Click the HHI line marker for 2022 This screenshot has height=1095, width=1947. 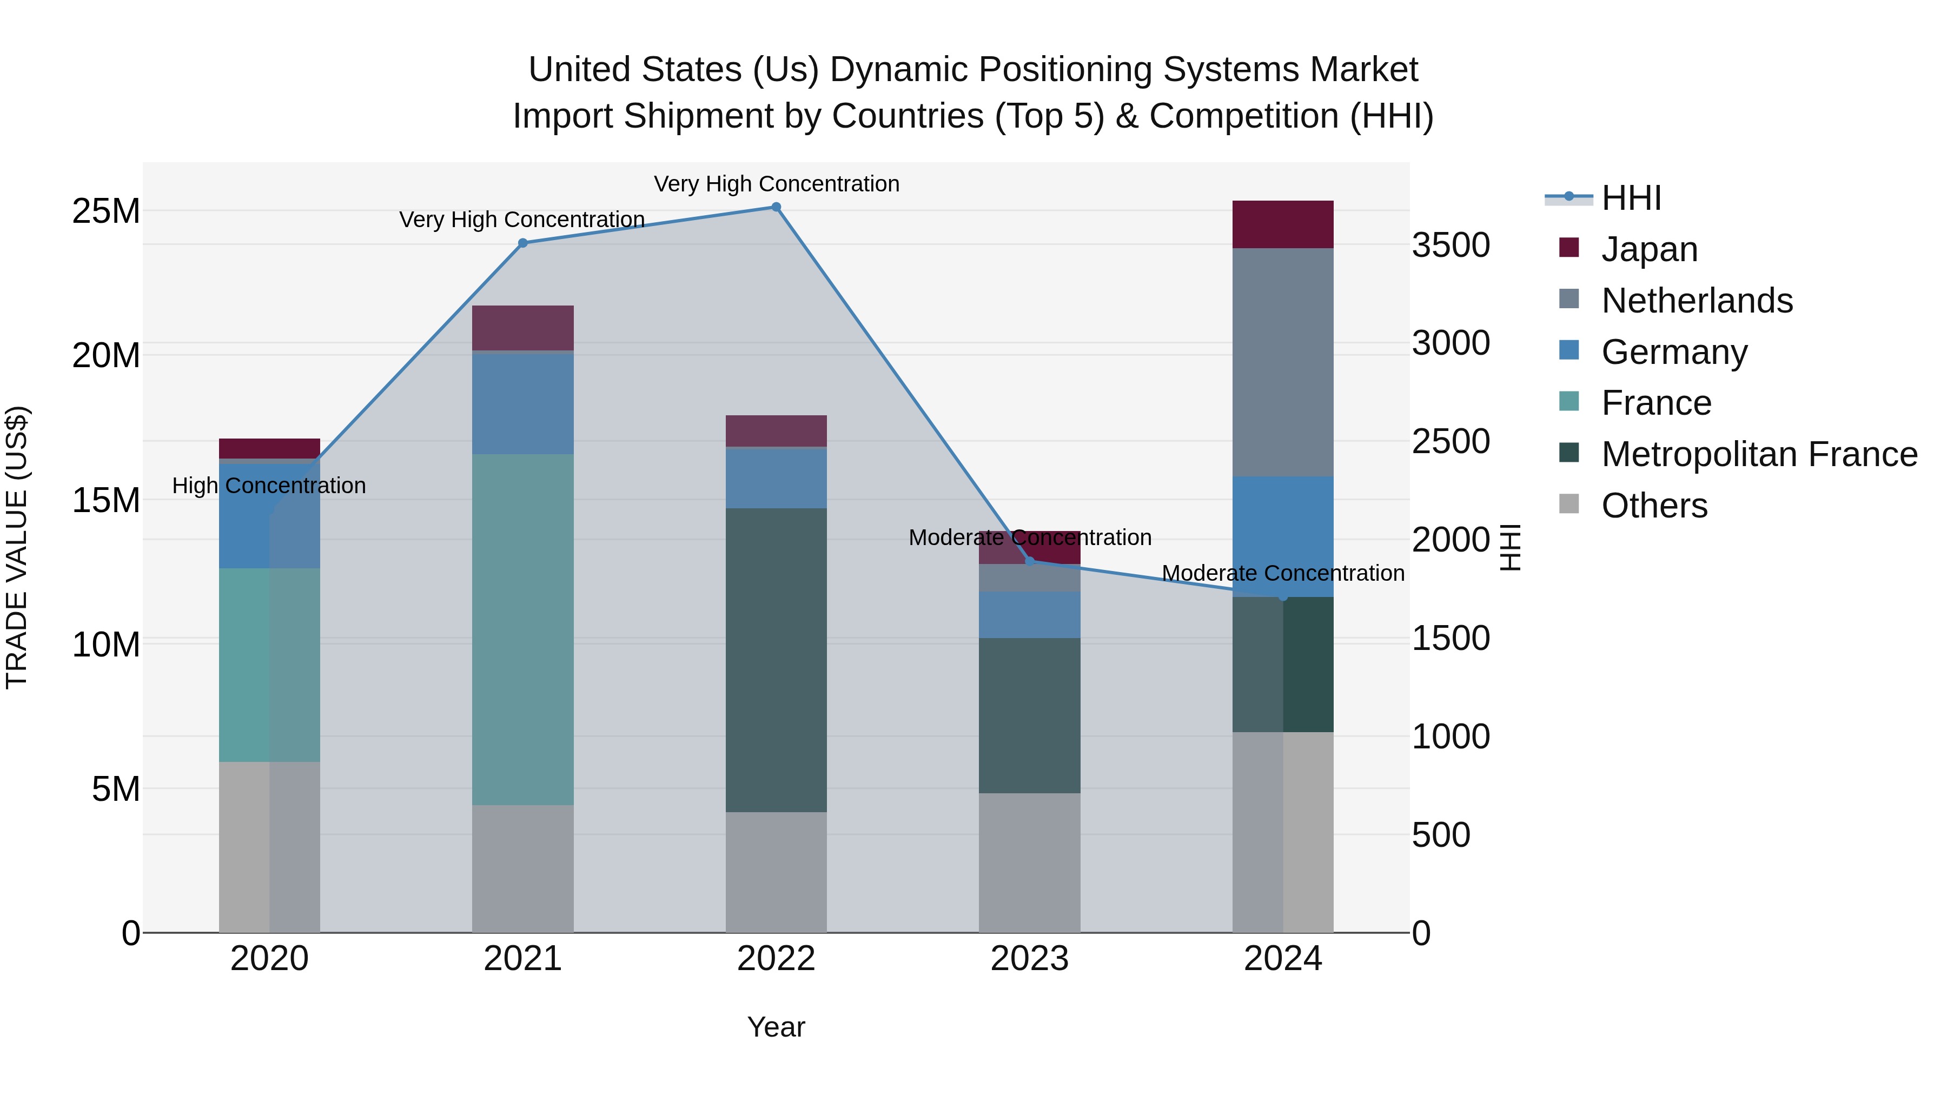click(x=776, y=207)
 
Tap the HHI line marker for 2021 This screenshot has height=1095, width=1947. click(x=522, y=243)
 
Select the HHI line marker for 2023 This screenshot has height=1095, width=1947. click(x=1029, y=561)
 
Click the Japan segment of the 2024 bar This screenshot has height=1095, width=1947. click(x=1283, y=224)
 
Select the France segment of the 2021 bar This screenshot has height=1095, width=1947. click(x=522, y=629)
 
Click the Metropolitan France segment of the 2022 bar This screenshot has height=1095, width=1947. click(x=776, y=660)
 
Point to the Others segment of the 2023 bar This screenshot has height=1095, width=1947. click(x=1029, y=862)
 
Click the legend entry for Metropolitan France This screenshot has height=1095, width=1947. click(x=1759, y=454)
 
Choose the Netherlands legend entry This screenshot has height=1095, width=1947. click(x=1697, y=301)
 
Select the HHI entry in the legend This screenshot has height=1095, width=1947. click(x=1631, y=198)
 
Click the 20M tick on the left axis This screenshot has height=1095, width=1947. click(x=106, y=355)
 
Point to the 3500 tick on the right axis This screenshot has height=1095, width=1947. click(x=1451, y=245)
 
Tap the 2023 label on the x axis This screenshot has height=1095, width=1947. click(x=1029, y=959)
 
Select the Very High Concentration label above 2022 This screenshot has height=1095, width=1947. click(x=776, y=184)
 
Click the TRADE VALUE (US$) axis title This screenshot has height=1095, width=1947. click(x=17, y=547)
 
